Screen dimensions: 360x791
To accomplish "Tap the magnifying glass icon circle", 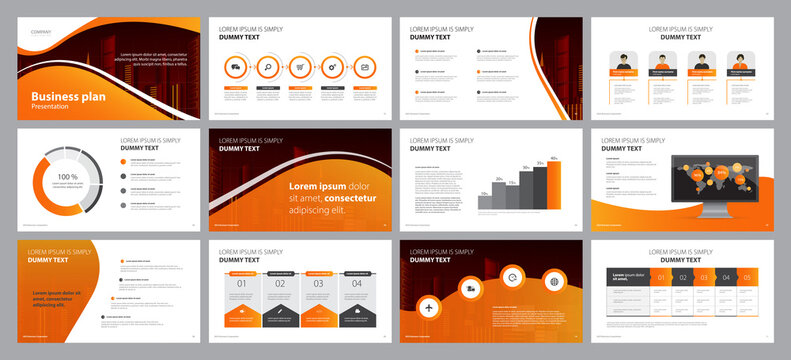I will point(269,66).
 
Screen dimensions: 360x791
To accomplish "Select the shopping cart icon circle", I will point(301,66).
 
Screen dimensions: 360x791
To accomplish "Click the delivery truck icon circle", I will point(236,66).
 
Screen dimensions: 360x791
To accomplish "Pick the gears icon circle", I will point(333,66).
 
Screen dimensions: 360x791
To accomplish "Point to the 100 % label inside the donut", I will point(67,176).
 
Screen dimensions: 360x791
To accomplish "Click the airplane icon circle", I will point(429,305).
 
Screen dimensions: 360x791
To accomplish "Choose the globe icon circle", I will point(554,281).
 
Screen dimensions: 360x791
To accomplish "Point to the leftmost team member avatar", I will point(624,63).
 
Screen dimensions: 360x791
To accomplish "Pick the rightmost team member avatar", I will point(740,63).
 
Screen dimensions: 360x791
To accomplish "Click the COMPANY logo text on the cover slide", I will point(39,31).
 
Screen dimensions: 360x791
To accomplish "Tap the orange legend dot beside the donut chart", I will point(124,160).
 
